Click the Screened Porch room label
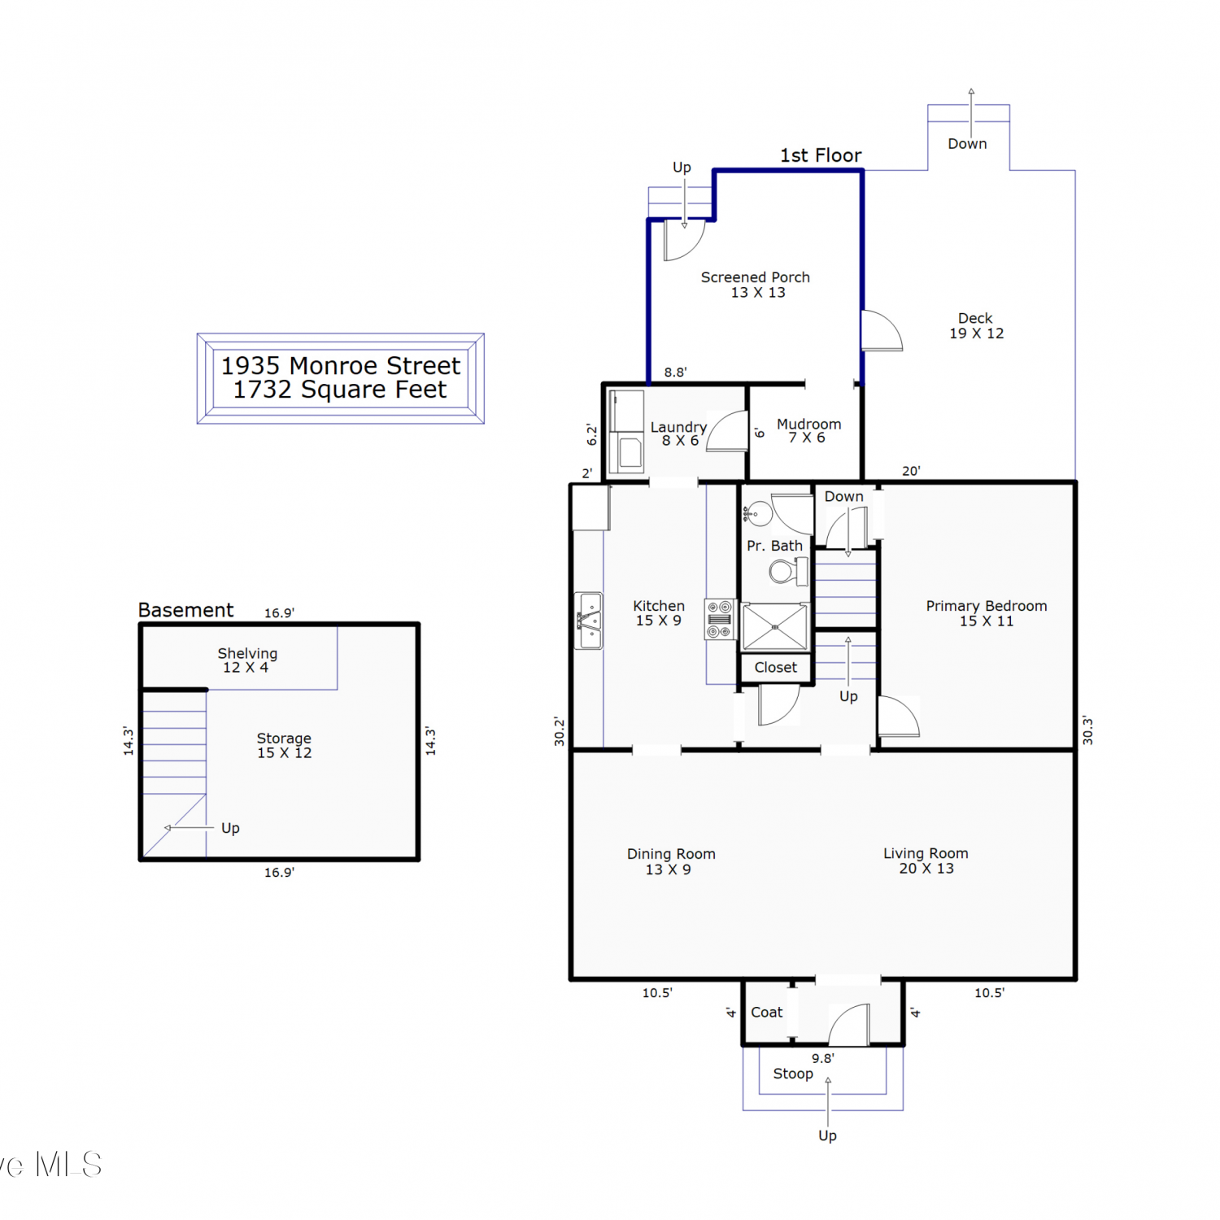[x=756, y=285]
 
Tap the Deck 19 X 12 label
[x=976, y=325]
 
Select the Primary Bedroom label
[x=987, y=613]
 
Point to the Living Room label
[x=926, y=861]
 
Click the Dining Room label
[x=671, y=861]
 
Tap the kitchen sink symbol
[x=589, y=621]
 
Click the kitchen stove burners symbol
[x=720, y=619]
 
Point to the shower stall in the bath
[x=775, y=627]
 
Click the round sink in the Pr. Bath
[x=758, y=514]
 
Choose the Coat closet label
[x=766, y=1012]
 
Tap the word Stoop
[x=793, y=1074]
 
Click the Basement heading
[x=185, y=610]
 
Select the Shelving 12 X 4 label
[x=247, y=660]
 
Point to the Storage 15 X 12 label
[x=284, y=745]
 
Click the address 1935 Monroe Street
[x=341, y=365]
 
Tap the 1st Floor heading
[x=821, y=155]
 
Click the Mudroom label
[x=808, y=430]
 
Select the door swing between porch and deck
[x=882, y=330]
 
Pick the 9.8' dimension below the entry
[x=823, y=1058]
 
